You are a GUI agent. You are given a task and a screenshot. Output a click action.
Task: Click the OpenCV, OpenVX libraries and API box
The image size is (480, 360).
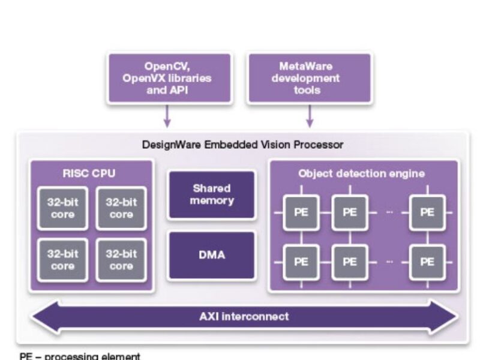click(x=170, y=78)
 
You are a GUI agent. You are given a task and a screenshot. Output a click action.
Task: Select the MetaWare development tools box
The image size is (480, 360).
click(x=309, y=78)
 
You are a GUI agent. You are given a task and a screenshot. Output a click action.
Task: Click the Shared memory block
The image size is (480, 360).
click(x=212, y=194)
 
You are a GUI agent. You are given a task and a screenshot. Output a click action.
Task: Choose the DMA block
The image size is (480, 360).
click(x=212, y=255)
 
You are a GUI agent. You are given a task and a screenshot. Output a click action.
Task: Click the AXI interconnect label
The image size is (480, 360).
click(x=244, y=316)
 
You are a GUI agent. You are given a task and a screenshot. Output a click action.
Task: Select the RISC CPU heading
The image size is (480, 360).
click(x=89, y=174)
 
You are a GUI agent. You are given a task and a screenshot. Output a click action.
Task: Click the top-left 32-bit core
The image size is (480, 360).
click(x=62, y=208)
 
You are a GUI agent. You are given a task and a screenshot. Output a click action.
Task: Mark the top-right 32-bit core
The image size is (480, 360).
click(x=121, y=208)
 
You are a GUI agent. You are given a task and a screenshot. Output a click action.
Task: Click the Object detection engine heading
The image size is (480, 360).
click(x=362, y=174)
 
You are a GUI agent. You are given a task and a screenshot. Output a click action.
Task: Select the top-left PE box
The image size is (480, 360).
click(x=301, y=212)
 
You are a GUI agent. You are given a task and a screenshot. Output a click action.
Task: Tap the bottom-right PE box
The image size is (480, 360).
click(x=427, y=262)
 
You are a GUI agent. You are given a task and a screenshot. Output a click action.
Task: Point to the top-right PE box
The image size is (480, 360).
click(x=427, y=212)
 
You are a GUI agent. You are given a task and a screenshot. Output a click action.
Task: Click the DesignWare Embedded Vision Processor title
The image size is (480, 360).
click(x=242, y=145)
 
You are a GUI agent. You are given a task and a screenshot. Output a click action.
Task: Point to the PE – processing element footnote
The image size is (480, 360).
click(x=80, y=356)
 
